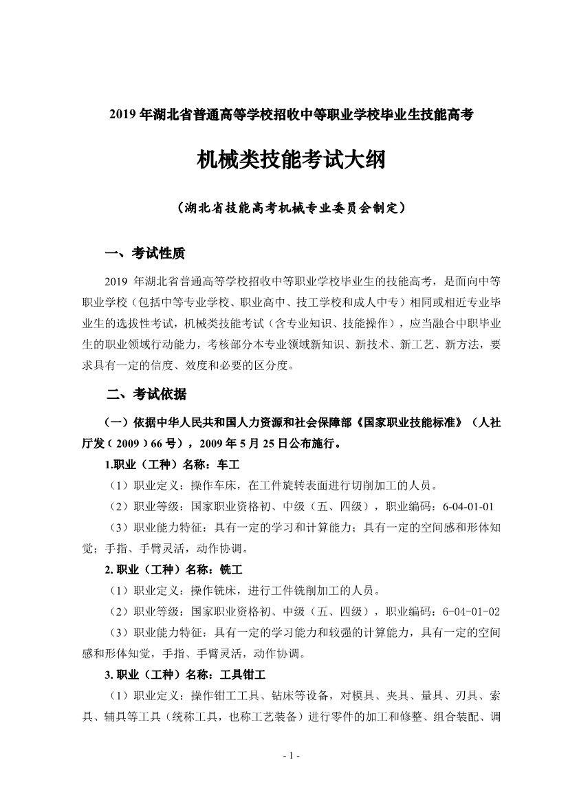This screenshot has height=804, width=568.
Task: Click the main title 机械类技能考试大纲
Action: (x=284, y=161)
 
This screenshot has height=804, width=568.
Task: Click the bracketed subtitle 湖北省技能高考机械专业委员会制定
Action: (x=284, y=206)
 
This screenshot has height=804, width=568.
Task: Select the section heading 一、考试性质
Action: (x=145, y=254)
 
